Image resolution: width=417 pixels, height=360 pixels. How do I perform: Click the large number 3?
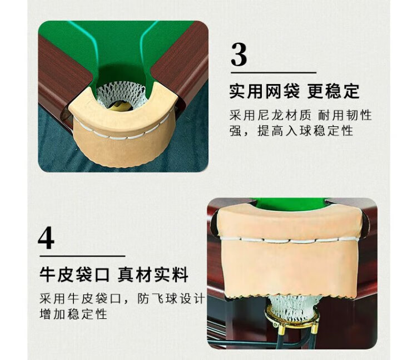239,55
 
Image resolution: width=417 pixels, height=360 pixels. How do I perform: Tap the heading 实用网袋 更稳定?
294,91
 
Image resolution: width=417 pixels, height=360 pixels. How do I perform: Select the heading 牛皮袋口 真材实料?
114,274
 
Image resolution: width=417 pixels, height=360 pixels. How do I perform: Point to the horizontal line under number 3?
274,73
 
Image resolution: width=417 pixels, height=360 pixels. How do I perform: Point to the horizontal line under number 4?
82,257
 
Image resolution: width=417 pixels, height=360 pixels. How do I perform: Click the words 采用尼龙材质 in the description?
270,116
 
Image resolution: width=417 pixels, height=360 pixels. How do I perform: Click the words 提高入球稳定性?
305,131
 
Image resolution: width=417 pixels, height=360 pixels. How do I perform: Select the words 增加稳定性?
73,314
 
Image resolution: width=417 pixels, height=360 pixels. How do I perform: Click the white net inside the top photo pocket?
121,94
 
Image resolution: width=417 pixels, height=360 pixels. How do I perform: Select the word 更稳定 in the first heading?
334,91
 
